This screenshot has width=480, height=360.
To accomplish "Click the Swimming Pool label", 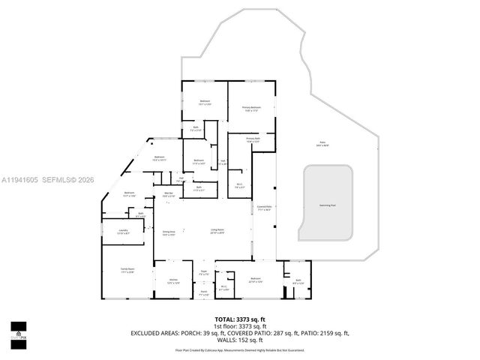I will coord(328,203).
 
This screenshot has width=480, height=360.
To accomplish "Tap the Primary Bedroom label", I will coord(251,109).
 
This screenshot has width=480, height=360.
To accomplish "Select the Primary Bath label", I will coord(253,139).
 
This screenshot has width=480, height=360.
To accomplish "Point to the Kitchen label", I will coord(173,281).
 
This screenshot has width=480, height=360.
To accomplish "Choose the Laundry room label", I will coord(124,232).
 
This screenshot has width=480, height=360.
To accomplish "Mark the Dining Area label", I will coord(169,233).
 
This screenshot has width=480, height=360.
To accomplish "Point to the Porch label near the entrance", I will coord(203,293).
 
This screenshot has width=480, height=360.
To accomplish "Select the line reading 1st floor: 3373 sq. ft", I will coord(240,326).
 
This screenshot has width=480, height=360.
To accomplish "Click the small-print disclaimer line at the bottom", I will coord(240,349).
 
